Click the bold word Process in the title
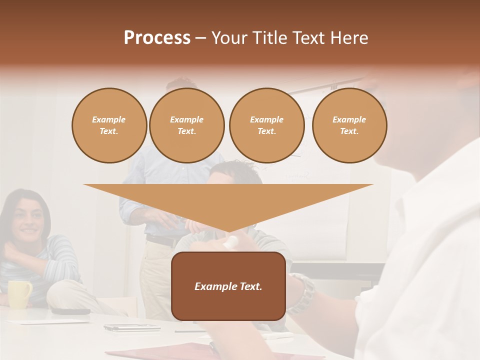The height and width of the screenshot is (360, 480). pos(157,38)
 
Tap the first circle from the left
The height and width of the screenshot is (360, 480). pos(109,125)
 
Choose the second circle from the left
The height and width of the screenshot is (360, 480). pos(187,125)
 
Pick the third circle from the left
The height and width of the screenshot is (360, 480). pos(266,125)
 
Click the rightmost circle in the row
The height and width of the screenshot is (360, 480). pos(349,125)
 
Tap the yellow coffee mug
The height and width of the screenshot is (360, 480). pos(19,293)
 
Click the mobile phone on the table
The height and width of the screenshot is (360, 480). pos(131,328)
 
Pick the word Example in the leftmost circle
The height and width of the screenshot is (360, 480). pos(109,119)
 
